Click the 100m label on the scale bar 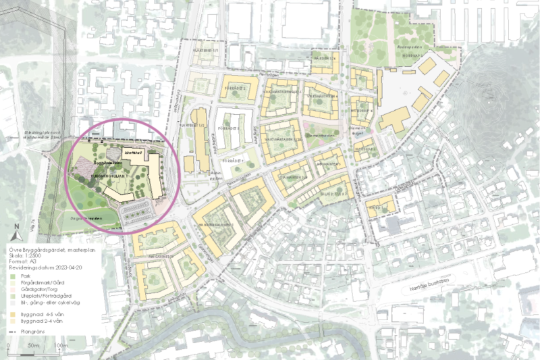61,346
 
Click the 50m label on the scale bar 32,346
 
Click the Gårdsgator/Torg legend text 43,288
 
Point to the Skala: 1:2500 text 32,256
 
